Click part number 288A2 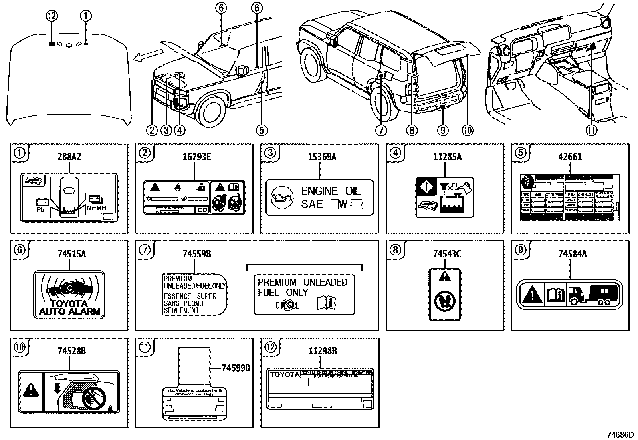(69, 157)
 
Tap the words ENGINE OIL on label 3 (331, 191)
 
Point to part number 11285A (445, 157)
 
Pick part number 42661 (570, 157)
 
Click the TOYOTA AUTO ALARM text (69, 307)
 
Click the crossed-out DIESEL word (287, 305)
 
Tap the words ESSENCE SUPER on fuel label (190, 297)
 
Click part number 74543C (445, 254)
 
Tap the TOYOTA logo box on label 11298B (284, 374)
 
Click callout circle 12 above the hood (52, 16)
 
